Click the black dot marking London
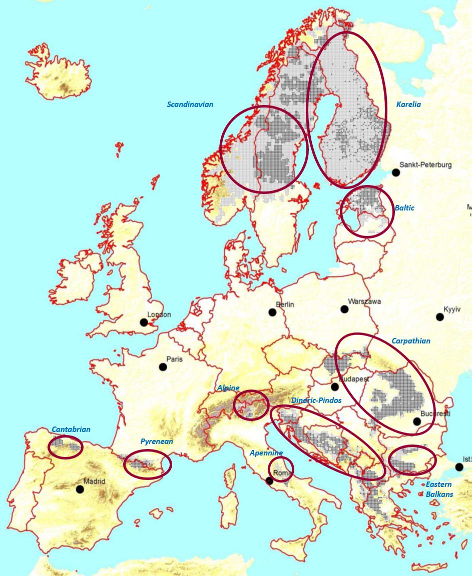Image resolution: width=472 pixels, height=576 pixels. tap(144, 322)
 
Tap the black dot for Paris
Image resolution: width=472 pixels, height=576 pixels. tap(163, 367)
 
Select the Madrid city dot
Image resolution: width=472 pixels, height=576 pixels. tap(80, 489)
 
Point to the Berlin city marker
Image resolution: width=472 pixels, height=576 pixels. tap(272, 312)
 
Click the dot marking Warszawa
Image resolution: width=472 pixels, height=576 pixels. tap(344, 309)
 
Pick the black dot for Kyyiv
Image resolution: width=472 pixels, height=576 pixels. tap(439, 317)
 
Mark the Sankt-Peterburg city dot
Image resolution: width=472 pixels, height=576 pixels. tap(396, 172)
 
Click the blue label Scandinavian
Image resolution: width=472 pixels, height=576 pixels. tap(190, 104)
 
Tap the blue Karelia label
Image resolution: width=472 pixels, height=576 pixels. tap(408, 104)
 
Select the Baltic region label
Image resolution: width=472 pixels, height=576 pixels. tap(404, 208)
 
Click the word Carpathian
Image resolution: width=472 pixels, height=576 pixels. tap(411, 341)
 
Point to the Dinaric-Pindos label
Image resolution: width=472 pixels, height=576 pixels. tap(316, 400)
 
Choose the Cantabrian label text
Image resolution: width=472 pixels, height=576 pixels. tap(71, 429)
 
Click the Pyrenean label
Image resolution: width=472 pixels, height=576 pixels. tap(157, 441)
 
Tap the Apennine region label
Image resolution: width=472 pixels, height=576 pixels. tap(266, 453)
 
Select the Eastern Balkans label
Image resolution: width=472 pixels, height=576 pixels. tap(439, 489)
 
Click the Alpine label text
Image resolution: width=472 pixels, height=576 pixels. tap(228, 388)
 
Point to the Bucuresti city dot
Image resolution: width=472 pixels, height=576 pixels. tap(417, 421)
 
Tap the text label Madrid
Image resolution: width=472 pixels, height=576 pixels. tap(95, 481)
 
